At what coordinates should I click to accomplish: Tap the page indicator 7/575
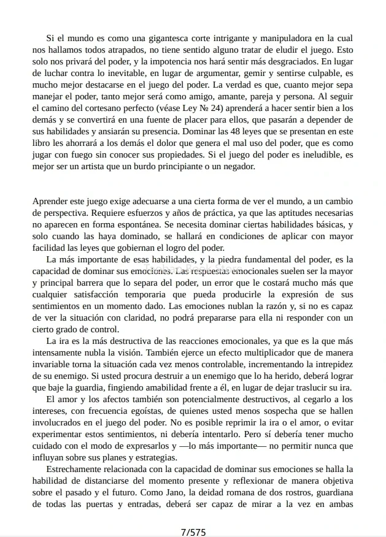(x=193, y=532)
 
